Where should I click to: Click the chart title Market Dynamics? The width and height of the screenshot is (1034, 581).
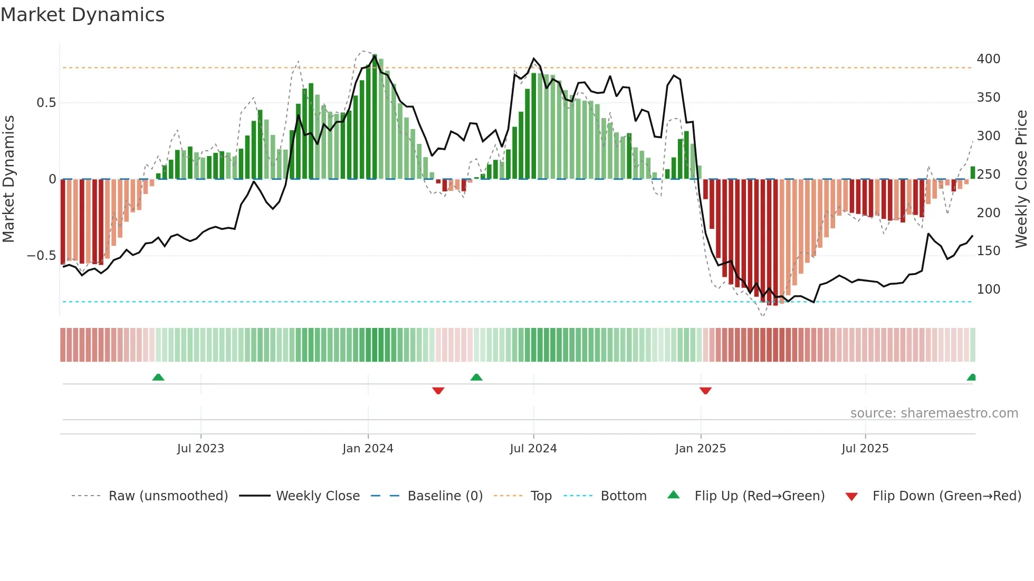[x=83, y=15]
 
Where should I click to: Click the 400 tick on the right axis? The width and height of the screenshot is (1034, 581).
[x=988, y=59]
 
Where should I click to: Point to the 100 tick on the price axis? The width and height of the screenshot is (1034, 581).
[x=988, y=289]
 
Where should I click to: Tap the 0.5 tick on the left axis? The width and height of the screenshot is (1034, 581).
[x=46, y=103]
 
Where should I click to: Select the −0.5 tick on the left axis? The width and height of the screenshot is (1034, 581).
[x=42, y=256]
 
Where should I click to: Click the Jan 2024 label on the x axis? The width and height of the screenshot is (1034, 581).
[x=368, y=449]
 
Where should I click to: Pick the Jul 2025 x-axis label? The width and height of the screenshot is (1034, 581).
[x=865, y=449]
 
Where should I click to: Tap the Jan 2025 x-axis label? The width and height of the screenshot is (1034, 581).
[x=700, y=449]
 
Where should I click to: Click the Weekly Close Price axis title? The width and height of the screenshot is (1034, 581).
[x=1021, y=179]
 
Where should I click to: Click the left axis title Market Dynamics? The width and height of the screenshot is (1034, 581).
[x=8, y=179]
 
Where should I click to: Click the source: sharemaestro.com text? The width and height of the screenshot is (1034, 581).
[x=934, y=413]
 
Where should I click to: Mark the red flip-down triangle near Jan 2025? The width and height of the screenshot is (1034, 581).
[x=705, y=391]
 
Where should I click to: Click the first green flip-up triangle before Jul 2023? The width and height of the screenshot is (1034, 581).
[x=158, y=377]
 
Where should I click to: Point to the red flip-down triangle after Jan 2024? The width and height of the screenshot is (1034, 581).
[x=438, y=391]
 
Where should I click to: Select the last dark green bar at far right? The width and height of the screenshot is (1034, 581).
[x=972, y=173]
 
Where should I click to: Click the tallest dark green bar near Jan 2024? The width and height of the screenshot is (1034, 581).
[x=375, y=116]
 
